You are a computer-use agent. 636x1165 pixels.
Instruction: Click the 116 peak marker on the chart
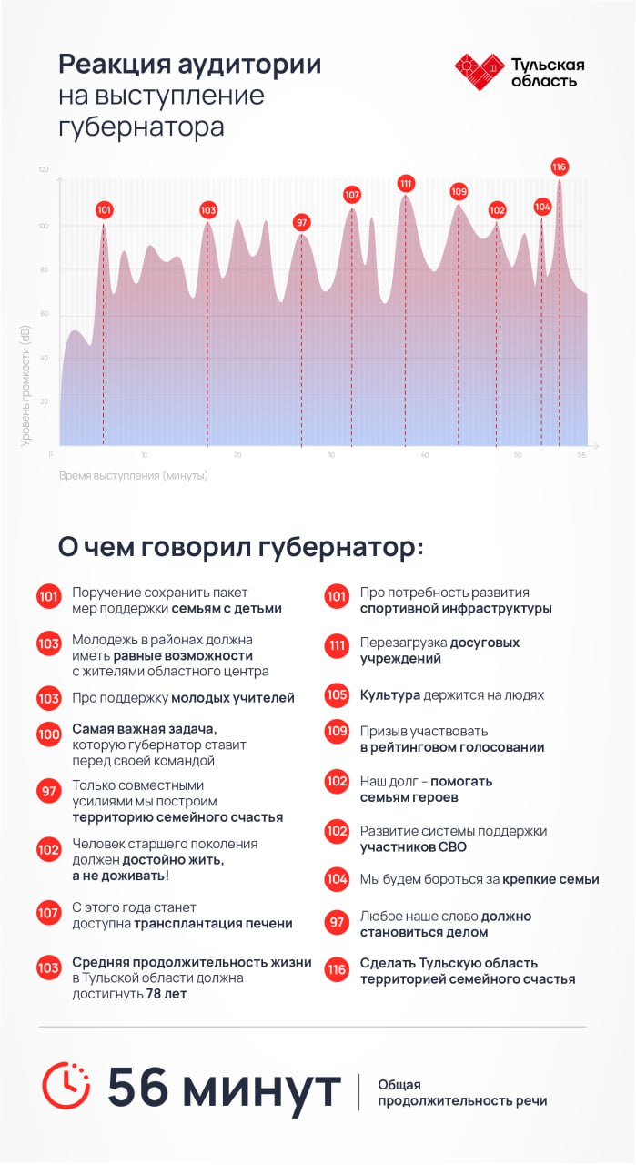pyautogui.click(x=559, y=167)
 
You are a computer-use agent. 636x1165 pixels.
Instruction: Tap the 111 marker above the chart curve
pyautogui.click(x=406, y=183)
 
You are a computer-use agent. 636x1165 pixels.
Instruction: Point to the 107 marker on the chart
pyautogui.click(x=352, y=195)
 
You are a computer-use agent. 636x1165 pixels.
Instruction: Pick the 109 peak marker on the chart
pyautogui.click(x=459, y=191)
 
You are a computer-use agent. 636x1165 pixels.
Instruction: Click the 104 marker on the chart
pyautogui.click(x=542, y=207)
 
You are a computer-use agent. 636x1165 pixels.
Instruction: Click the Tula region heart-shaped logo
pyautogui.click(x=479, y=71)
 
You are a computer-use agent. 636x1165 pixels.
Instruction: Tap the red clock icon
pyautogui.click(x=66, y=1086)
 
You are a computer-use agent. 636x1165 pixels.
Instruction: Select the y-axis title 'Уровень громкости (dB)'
pyautogui.click(x=25, y=385)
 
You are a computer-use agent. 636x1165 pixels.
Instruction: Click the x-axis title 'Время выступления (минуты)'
pyautogui.click(x=134, y=476)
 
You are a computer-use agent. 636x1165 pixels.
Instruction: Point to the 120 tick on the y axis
pyautogui.click(x=43, y=170)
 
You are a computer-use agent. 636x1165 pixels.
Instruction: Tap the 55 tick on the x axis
pyautogui.click(x=580, y=455)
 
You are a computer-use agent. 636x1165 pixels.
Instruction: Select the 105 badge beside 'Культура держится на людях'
pyautogui.click(x=337, y=695)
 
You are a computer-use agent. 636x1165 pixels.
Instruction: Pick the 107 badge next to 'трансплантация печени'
pyautogui.click(x=49, y=913)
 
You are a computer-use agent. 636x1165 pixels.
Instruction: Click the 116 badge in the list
pyautogui.click(x=337, y=970)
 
